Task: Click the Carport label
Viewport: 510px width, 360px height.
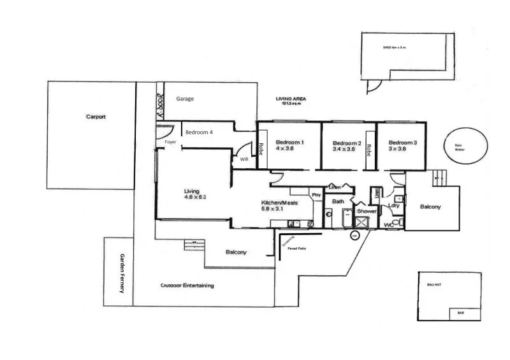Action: (x=96, y=117)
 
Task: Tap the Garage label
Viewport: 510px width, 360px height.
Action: (x=185, y=99)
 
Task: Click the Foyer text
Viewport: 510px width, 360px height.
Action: (x=170, y=142)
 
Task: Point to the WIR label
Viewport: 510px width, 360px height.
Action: (x=244, y=160)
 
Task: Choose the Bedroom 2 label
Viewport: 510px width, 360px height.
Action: (x=347, y=143)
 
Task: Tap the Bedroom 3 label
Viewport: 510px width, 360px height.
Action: (x=403, y=142)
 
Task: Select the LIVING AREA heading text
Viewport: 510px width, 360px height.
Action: (x=290, y=99)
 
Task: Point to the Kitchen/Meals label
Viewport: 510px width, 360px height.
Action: (x=279, y=203)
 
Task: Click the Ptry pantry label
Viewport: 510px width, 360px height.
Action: (x=316, y=194)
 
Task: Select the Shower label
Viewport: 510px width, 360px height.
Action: (x=367, y=211)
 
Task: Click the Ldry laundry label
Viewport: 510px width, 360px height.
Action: (x=393, y=205)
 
